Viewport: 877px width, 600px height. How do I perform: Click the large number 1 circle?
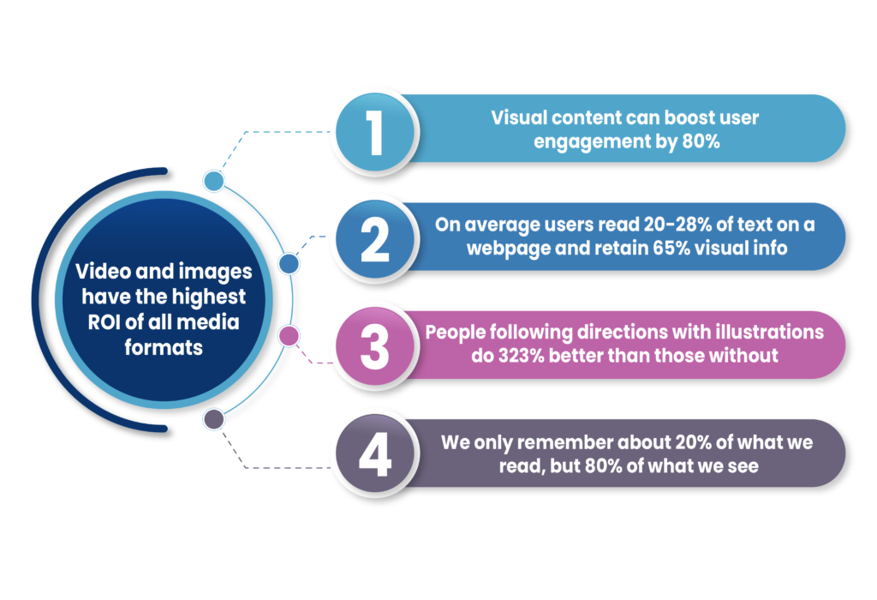point(375,132)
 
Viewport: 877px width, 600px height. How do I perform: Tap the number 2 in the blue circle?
point(375,240)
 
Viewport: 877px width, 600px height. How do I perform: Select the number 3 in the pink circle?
point(375,348)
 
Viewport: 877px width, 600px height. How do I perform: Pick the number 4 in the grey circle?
point(375,454)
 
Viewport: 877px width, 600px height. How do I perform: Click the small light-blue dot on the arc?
point(213,181)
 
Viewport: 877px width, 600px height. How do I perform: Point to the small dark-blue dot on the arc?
point(289,264)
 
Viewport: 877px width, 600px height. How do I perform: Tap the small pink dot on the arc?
point(289,336)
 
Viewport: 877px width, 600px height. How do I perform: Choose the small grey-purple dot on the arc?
point(213,419)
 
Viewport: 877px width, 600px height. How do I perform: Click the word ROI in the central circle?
point(104,322)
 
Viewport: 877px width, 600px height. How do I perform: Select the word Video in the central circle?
point(104,272)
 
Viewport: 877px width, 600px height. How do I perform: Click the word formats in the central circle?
point(164,348)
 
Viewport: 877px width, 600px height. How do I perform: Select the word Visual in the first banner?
point(518,117)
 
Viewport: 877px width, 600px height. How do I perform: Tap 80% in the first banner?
point(701,141)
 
